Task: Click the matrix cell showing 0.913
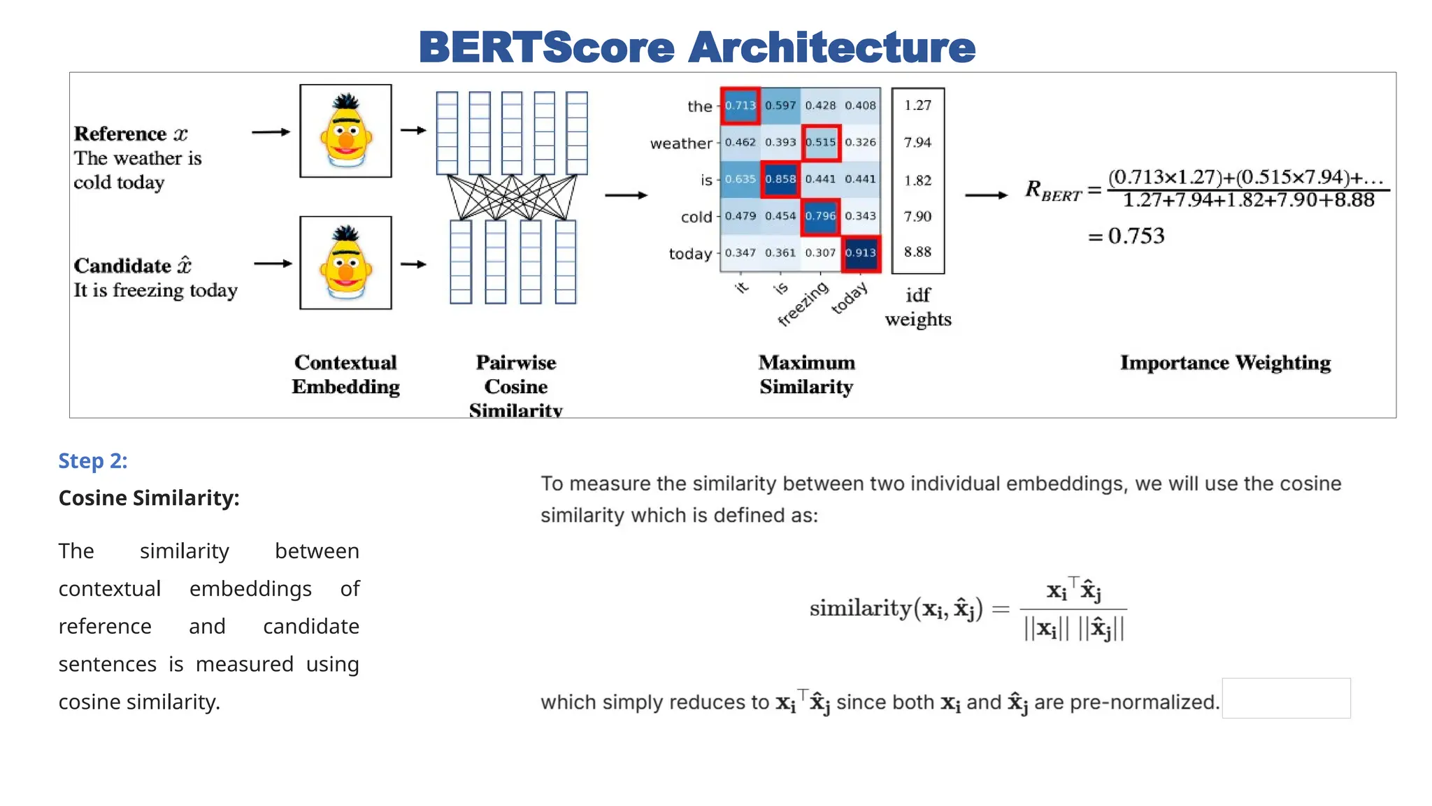pyautogui.click(x=860, y=253)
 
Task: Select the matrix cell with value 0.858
pyautogui.click(x=780, y=179)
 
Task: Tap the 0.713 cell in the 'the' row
pyautogui.click(x=740, y=106)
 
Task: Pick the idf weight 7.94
pyautogui.click(x=917, y=143)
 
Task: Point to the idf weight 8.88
pyautogui.click(x=917, y=252)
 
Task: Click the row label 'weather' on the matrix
pyautogui.click(x=680, y=143)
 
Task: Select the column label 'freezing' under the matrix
pyautogui.click(x=803, y=304)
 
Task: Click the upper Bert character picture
pyautogui.click(x=345, y=131)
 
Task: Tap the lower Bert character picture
pyautogui.click(x=345, y=262)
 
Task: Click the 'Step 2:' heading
pyautogui.click(x=93, y=461)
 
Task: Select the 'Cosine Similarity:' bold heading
pyautogui.click(x=149, y=498)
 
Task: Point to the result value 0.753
pyautogui.click(x=1136, y=236)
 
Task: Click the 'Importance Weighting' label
pyautogui.click(x=1225, y=362)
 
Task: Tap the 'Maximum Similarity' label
pyautogui.click(x=806, y=374)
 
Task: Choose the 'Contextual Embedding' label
pyautogui.click(x=345, y=374)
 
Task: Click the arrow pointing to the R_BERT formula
pyautogui.click(x=986, y=195)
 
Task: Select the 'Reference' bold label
pyautogui.click(x=120, y=134)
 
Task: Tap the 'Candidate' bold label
pyautogui.click(x=122, y=266)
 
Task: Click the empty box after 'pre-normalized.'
pyautogui.click(x=1286, y=698)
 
